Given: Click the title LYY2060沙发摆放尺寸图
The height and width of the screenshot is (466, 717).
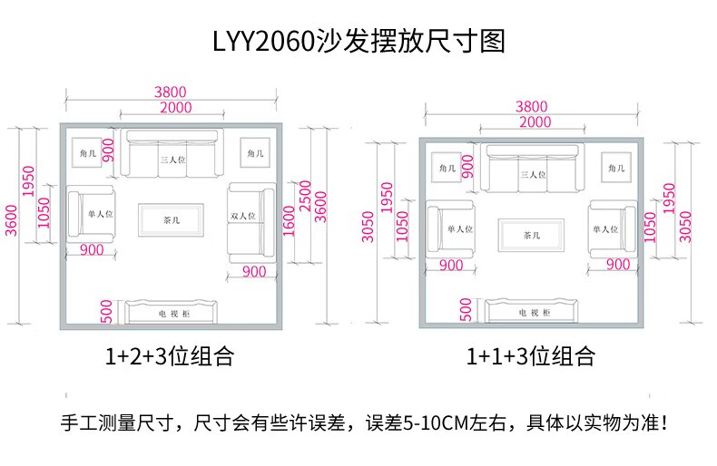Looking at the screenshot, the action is click(359, 41).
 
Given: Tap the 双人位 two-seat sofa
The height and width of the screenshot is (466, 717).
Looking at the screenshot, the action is click(252, 222).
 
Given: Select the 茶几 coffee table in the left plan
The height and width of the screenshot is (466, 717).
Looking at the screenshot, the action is click(171, 219).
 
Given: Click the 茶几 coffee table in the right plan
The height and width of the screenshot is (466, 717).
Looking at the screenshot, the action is click(531, 236).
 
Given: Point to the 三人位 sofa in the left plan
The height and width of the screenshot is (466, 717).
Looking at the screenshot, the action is click(172, 154).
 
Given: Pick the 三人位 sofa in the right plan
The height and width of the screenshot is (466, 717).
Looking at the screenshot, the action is click(532, 169).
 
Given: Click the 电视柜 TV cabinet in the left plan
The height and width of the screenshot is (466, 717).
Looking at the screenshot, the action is click(171, 312).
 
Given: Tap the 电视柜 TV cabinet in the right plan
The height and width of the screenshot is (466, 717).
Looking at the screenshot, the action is click(531, 311).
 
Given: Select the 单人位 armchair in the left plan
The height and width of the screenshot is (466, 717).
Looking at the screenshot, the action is click(91, 214).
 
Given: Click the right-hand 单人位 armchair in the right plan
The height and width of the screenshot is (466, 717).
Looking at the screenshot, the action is click(613, 228).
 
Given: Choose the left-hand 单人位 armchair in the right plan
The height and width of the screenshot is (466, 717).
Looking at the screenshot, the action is click(450, 228).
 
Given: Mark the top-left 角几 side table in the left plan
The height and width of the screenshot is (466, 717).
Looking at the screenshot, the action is click(87, 153).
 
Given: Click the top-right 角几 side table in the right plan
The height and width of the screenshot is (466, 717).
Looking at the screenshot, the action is click(616, 168).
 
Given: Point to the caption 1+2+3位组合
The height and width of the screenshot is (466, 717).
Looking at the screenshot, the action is click(170, 356).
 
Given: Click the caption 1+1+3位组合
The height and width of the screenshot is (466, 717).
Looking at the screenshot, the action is click(530, 356).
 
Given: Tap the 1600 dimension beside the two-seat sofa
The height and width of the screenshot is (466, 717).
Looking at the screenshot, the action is click(289, 221).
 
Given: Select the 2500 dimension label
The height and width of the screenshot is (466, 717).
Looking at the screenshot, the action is click(305, 196).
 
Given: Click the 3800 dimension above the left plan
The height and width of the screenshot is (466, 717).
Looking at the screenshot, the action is click(170, 92).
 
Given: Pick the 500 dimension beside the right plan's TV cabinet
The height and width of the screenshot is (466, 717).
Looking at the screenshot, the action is click(466, 310).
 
